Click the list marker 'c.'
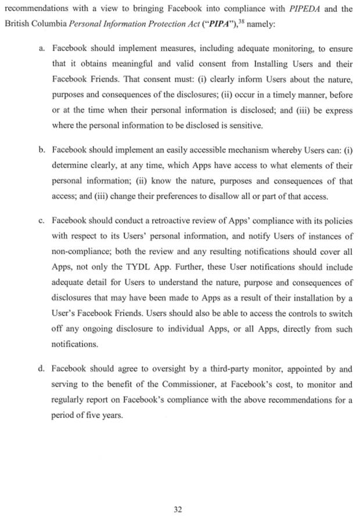click(x=42, y=221)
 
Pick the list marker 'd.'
click(x=42, y=369)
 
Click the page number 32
click(x=178, y=510)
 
